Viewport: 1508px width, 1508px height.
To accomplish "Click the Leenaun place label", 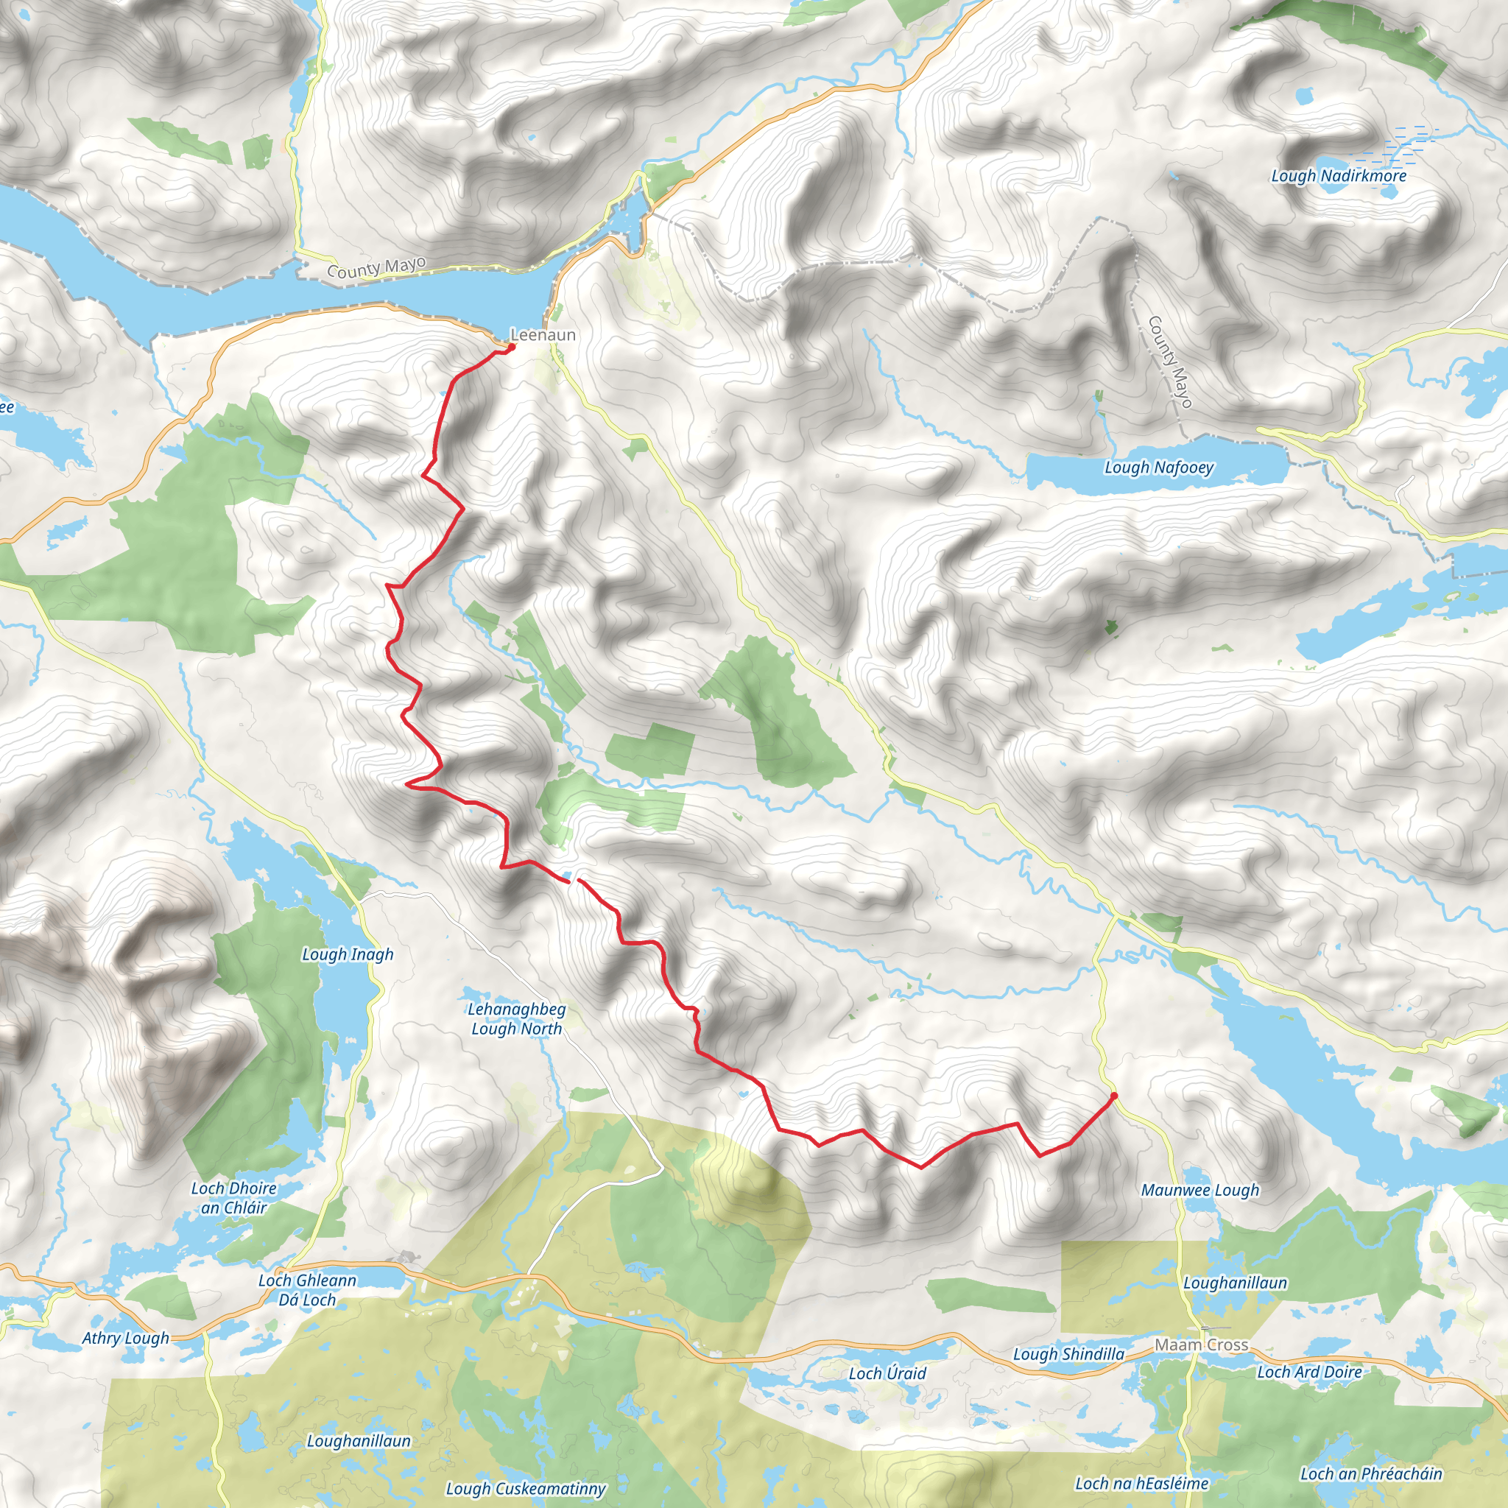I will point(543,335).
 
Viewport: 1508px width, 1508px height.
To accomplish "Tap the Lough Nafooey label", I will point(1158,468).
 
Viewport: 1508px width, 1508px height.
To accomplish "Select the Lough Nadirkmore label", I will point(1338,176).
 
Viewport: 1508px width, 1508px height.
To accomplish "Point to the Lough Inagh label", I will point(348,954).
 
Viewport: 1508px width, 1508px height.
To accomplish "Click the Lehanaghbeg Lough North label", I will point(516,1018).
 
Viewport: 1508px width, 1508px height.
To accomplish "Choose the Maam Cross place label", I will point(1201,1345).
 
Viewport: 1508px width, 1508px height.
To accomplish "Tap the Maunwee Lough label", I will point(1199,1191).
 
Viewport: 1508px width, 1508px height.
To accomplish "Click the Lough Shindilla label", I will point(1068,1354).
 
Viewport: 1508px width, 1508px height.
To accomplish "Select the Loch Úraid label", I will point(887,1373).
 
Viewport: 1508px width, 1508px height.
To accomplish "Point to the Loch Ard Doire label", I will point(1309,1371).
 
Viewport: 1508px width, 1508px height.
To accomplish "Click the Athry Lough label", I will point(125,1338).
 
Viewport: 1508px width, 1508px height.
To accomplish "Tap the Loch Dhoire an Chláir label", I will point(233,1198).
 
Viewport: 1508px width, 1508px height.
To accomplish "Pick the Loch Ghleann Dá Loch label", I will point(307,1290).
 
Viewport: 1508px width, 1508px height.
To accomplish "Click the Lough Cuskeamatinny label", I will point(525,1488).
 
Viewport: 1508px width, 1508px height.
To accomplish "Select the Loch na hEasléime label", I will point(1141,1483).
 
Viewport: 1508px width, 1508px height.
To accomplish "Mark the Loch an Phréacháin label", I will point(1370,1473).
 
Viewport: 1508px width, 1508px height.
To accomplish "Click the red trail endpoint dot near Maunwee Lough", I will point(1113,1096).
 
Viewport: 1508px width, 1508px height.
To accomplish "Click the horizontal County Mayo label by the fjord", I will point(376,267).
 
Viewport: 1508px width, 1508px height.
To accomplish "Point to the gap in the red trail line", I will point(574,881).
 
